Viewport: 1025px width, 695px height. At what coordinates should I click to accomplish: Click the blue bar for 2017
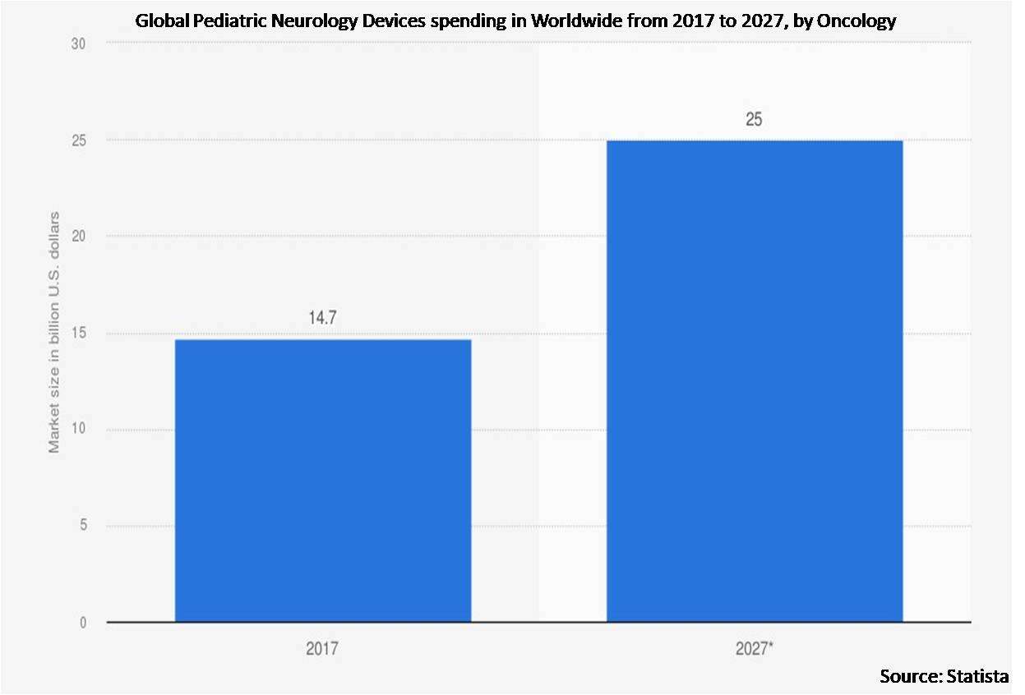[x=323, y=481]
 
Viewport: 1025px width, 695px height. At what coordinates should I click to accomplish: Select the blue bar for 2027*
[x=754, y=381]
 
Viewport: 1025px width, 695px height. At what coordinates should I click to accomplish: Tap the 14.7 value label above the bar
[x=323, y=319]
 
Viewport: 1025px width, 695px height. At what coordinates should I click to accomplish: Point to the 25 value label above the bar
[x=754, y=120]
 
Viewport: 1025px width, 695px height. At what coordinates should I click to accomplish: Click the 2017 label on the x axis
[x=323, y=649]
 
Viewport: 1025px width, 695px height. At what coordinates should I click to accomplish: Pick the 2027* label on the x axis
[x=754, y=649]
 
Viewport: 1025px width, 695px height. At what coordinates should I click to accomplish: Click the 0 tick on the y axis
[x=82, y=623]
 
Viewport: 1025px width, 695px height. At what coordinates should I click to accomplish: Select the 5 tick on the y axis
[x=82, y=527]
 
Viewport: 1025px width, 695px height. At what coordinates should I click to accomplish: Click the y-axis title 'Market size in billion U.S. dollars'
[x=54, y=332]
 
